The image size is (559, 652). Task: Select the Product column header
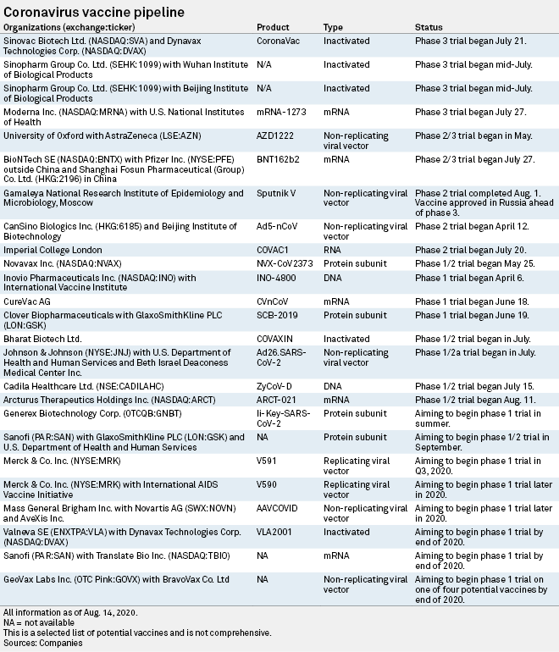[x=273, y=28]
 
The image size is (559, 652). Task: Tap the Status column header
[x=429, y=28]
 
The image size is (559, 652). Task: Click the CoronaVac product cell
[x=278, y=40]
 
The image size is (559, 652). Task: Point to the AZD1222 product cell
[x=276, y=134]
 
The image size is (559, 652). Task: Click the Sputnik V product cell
[x=275, y=194]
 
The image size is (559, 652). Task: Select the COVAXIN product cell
[x=276, y=339]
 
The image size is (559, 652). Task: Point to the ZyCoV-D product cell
[x=275, y=384]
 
